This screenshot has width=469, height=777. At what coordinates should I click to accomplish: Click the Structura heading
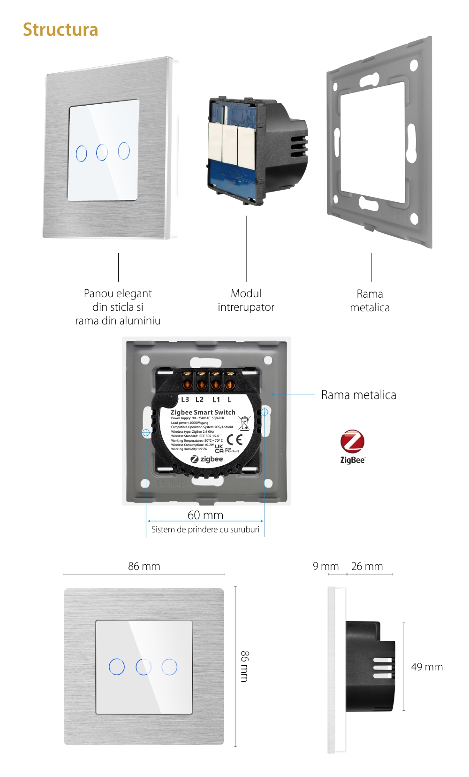pos(61,30)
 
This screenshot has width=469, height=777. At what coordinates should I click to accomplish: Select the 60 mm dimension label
pos(205,515)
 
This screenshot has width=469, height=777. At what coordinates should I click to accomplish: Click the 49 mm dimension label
pos(427,667)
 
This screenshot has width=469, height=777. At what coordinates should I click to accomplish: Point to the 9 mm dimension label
pos(325,566)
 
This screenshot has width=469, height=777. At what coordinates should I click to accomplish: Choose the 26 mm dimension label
pos(367,566)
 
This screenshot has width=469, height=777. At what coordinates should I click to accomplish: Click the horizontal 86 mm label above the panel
pos(144,566)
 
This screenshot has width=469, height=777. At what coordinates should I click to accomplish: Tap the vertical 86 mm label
pos(245,666)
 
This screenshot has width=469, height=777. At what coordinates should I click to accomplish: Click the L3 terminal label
pos(185,400)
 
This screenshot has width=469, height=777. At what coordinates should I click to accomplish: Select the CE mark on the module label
pos(234,439)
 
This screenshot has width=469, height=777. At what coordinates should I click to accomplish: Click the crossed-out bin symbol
pos(244,423)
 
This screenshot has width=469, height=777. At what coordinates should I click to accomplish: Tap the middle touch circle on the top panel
pos(102,152)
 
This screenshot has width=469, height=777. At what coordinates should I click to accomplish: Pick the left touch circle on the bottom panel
pos(117,666)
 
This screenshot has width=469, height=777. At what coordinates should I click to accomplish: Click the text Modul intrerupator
pos(246,300)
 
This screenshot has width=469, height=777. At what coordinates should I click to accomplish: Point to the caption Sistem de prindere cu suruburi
pos(205,530)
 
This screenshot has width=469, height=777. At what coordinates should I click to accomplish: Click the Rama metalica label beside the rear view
pos(358,395)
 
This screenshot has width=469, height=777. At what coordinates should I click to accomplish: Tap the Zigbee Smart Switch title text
pos(203,412)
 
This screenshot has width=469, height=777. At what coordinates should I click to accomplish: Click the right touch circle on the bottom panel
pos(169,666)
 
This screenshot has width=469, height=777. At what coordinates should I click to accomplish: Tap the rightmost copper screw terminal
pos(230,385)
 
